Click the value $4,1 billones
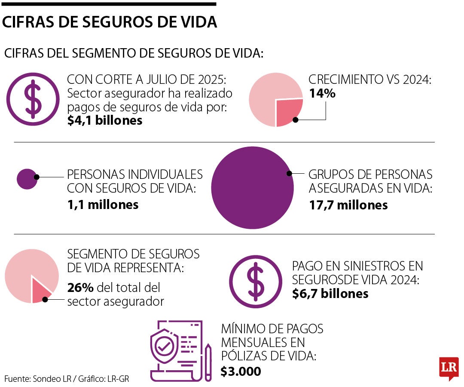pyautogui.click(x=105, y=120)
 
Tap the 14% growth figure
pyautogui.click(x=322, y=93)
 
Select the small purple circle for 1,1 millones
pyautogui.click(x=27, y=179)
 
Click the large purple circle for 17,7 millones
pyautogui.click(x=253, y=187)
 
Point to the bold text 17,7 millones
pyautogui.click(x=348, y=205)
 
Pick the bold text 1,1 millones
pyautogui.click(x=103, y=205)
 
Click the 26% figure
pyautogui.click(x=80, y=287)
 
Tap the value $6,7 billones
pyautogui.click(x=330, y=293)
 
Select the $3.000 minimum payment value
pyautogui.click(x=241, y=371)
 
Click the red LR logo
pyautogui.click(x=449, y=368)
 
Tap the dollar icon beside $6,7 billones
pyautogui.click(x=256, y=282)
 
